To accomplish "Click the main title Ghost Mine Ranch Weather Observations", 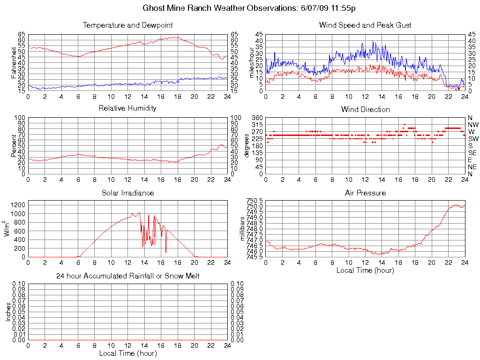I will [x=249, y=8].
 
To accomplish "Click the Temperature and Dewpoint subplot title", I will [x=127, y=25].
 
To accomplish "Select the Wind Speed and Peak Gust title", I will [x=365, y=25].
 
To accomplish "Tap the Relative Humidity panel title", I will [x=127, y=108].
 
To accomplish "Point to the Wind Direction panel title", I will [x=366, y=110].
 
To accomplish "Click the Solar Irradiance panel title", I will [x=127, y=193].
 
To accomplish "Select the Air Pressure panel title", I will [x=366, y=193].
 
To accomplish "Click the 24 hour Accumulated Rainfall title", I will [x=127, y=276].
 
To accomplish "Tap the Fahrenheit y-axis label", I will [x=14, y=62].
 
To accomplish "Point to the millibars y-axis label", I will [x=243, y=229].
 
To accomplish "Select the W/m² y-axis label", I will [x=7, y=229].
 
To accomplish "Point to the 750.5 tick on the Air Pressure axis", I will [x=255, y=201].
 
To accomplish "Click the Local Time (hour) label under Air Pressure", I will [x=365, y=270].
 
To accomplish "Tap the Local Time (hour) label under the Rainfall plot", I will [x=127, y=353].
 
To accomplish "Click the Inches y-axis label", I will [x=7, y=312].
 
